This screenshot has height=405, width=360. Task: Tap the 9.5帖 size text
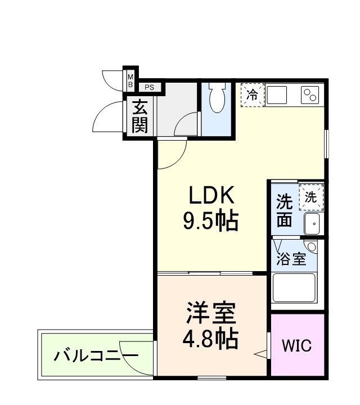210,222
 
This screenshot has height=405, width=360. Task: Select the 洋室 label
210,312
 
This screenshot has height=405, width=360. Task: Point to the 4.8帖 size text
210,338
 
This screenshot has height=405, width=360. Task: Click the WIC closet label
296,345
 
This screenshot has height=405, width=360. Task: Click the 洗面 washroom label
285,210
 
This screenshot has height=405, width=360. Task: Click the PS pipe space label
150,87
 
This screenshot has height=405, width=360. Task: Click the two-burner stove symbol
310,94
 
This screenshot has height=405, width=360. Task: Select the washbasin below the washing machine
312,224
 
